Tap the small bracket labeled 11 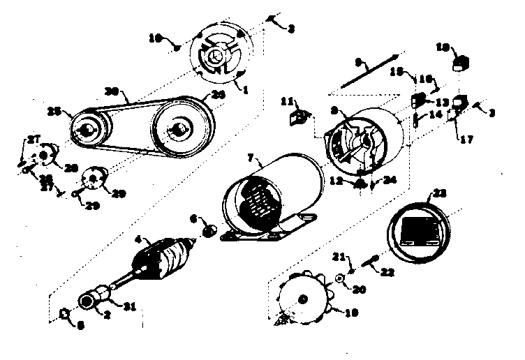[299, 115]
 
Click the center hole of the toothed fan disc [303, 300]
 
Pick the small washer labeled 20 [339, 278]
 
